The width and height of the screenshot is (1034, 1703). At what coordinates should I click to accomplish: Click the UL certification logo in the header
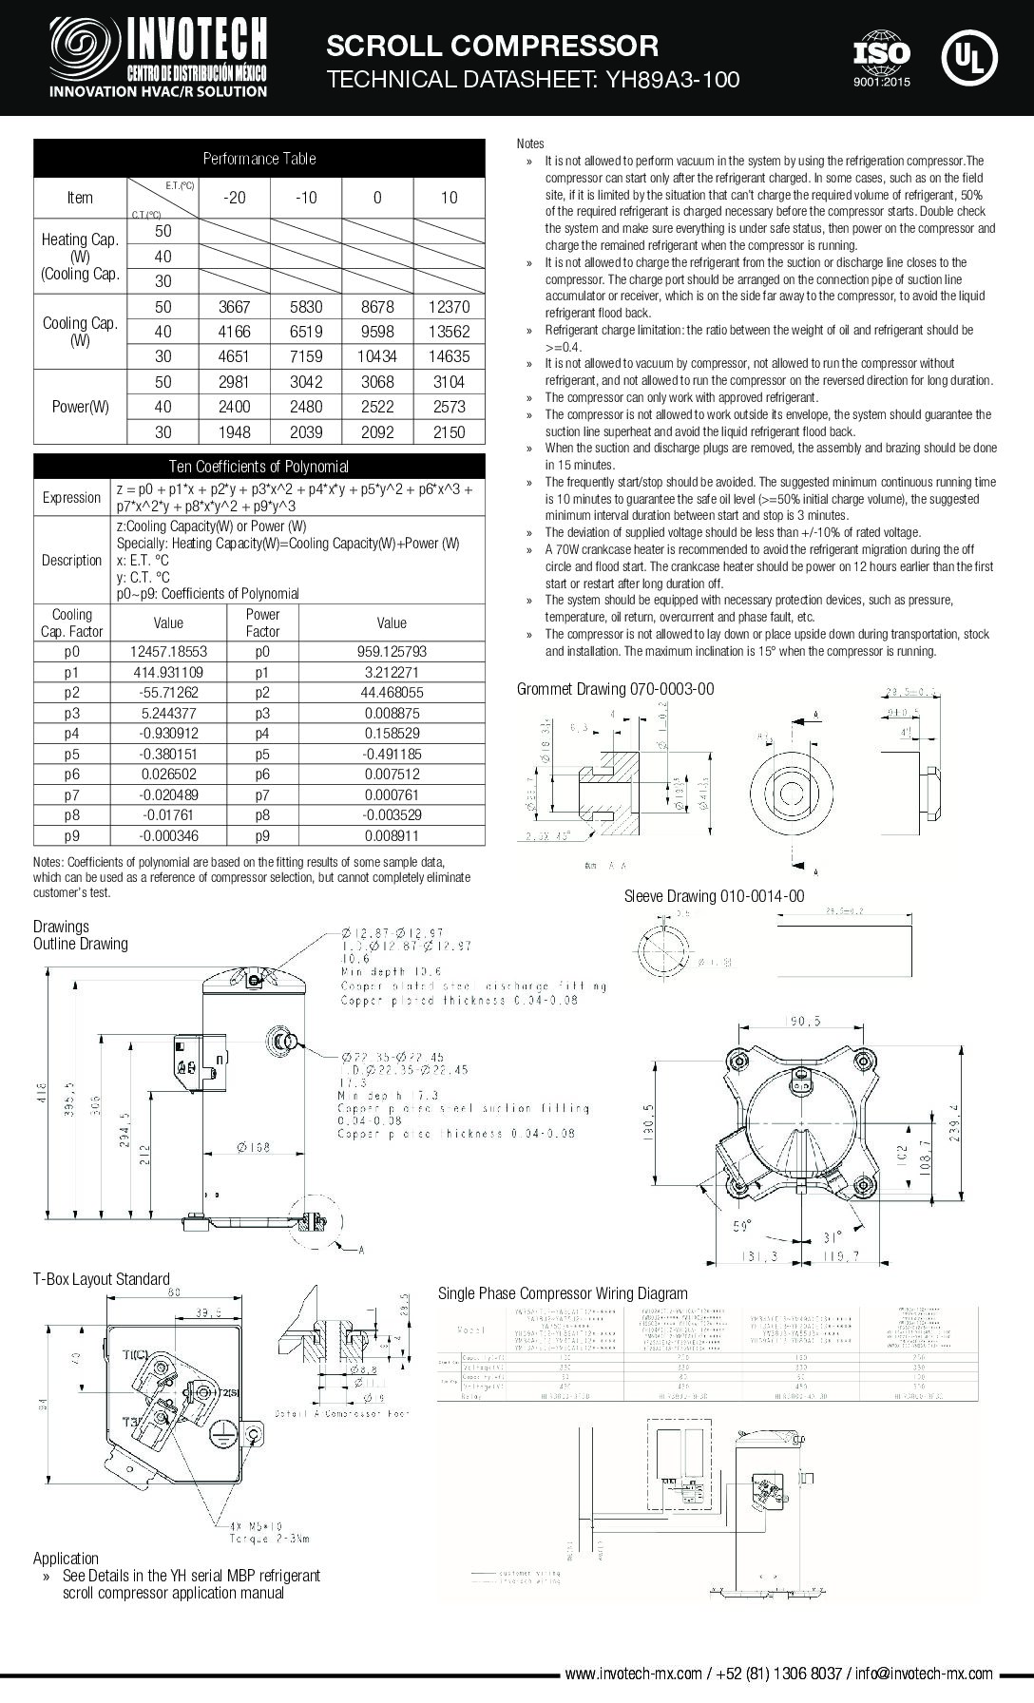[x=968, y=57]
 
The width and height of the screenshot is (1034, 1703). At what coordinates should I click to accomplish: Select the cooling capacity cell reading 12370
[x=449, y=307]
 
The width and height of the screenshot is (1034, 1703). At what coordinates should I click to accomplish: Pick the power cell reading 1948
[x=234, y=432]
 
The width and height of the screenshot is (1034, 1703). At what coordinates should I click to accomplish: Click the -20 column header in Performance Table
[x=234, y=198]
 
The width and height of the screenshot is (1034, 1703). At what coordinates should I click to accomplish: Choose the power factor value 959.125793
[x=392, y=652]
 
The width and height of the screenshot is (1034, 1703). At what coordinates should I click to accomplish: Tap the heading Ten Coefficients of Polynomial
[x=258, y=467]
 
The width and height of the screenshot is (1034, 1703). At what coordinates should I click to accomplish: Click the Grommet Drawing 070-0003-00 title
[x=615, y=689]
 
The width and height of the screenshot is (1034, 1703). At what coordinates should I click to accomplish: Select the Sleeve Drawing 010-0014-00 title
[x=714, y=896]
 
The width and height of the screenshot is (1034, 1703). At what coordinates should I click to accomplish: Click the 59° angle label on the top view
[x=740, y=1225]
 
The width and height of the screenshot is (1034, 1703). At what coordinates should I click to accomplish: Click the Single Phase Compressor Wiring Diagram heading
[x=562, y=1293]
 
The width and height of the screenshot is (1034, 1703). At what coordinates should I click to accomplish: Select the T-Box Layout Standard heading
[x=101, y=1279]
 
